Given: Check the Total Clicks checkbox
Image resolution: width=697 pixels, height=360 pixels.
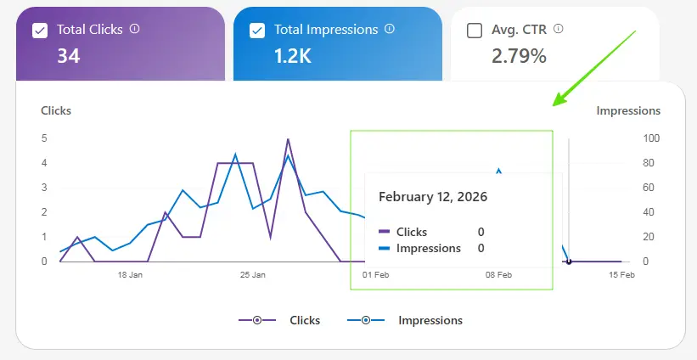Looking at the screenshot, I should (x=39, y=31).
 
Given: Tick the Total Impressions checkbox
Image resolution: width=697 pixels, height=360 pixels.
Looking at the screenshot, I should (x=257, y=31).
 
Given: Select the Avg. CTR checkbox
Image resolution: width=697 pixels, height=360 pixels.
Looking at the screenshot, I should (x=475, y=31).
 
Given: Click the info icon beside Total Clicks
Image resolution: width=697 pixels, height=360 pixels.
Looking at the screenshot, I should (x=134, y=28).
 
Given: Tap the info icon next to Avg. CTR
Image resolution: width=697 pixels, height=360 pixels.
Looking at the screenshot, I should (x=559, y=28).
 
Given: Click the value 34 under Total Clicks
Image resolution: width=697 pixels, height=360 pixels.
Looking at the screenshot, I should (x=68, y=56).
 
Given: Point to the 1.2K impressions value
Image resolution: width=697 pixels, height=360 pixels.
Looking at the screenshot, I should (x=294, y=56).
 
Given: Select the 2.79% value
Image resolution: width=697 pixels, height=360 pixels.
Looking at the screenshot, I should (x=519, y=56).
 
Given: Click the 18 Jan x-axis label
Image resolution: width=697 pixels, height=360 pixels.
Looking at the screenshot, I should (x=130, y=275).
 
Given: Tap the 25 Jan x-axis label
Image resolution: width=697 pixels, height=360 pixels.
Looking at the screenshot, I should (x=252, y=275).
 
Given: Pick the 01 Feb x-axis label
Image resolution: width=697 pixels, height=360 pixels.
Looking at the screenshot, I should (x=375, y=275).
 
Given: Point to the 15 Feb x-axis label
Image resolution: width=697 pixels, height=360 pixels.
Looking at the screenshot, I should (x=621, y=275).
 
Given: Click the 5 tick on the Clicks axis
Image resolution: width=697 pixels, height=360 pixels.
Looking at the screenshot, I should (x=43, y=138).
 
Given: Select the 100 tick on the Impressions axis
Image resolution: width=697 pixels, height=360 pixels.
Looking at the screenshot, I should (x=652, y=138).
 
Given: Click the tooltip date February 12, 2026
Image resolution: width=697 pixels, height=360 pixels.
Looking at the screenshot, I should (x=433, y=197).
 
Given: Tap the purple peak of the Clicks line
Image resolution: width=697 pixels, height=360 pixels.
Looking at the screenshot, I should (x=288, y=139).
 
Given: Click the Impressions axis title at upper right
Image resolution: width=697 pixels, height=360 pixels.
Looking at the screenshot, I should (x=628, y=110).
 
